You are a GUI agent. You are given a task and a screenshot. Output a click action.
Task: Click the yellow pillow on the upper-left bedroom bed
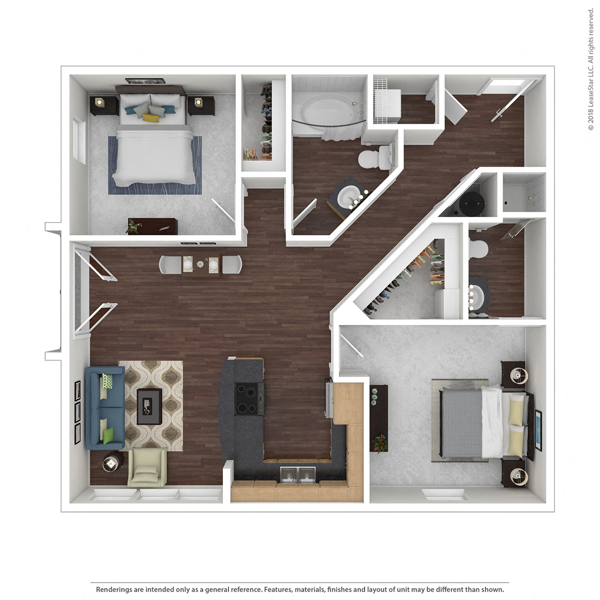pyautogui.click(x=150, y=118)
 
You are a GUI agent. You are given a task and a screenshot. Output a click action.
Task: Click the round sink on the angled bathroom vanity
pyautogui.click(x=347, y=198)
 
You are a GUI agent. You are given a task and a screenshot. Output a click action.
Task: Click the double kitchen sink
pyautogui.click(x=298, y=474)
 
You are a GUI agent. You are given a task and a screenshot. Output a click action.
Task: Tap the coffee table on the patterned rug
pyautogui.click(x=149, y=407)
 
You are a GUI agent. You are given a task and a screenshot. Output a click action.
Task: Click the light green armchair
pyautogui.click(x=147, y=468)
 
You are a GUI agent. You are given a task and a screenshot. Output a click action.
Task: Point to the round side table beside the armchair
pyautogui.click(x=111, y=464)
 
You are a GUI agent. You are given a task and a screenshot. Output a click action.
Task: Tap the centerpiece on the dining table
pyautogui.click(x=200, y=264)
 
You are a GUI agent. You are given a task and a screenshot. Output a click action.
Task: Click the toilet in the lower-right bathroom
pyautogui.click(x=478, y=250)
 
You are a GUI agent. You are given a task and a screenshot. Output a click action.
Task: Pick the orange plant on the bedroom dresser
pyautogui.click(x=380, y=444)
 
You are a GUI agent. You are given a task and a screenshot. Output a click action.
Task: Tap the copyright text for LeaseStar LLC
pyautogui.click(x=591, y=69)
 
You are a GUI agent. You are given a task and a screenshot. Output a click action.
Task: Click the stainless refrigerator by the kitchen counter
pyautogui.click(x=329, y=399)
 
